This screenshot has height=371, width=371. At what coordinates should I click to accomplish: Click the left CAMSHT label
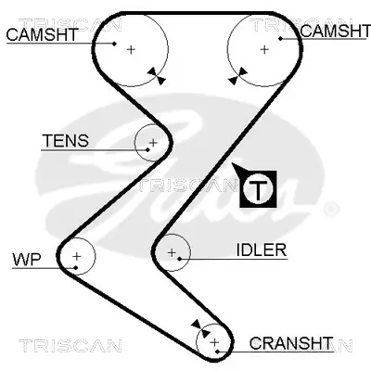click(41, 35)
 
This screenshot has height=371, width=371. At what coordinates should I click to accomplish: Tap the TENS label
click(65, 141)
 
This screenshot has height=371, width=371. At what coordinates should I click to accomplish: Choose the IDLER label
click(262, 249)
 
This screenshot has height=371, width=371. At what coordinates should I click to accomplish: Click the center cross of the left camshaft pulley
click(131, 48)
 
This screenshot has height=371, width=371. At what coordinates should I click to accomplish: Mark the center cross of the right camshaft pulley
click(264, 48)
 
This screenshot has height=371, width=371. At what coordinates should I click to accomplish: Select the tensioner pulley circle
click(152, 143)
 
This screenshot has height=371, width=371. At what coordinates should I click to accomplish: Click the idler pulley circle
click(171, 251)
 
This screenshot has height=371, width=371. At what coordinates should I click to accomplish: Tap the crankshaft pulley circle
click(215, 343)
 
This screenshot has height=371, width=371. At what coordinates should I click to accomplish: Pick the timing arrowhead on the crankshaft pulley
click(198, 325)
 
